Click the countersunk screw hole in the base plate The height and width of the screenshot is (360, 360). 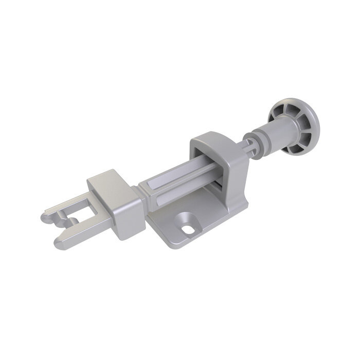point(188,225)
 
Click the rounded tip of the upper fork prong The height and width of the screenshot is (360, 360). point(45,217)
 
